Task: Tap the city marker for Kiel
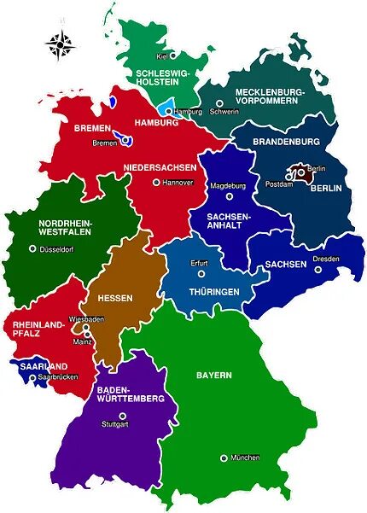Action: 172,55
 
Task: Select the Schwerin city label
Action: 224,111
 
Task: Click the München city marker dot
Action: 224,458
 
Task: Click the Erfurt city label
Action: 200,263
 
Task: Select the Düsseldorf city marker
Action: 33,248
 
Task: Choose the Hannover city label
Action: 178,183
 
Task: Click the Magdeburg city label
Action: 228,185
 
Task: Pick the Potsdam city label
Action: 279,184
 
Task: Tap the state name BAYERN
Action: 213,375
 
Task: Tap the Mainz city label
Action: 82,343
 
